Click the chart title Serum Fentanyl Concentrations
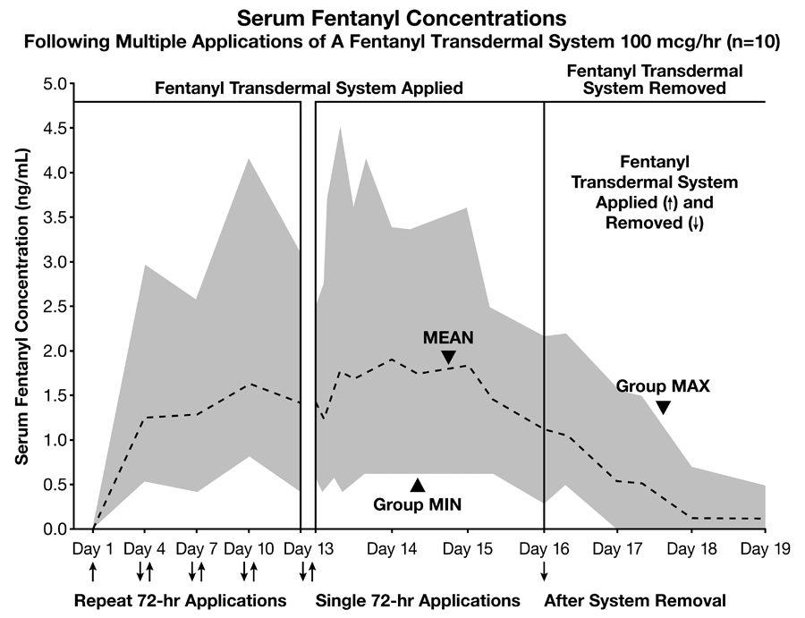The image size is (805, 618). click(402, 17)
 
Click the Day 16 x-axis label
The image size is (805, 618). click(544, 547)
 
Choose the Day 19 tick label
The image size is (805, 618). click(766, 547)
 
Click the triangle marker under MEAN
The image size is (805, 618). click(448, 358)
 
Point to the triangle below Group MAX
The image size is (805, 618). click(663, 408)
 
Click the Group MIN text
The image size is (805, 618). click(417, 504)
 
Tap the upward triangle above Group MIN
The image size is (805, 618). click(417, 485)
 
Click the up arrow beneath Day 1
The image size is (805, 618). click(93, 570)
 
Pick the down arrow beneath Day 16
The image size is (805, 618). click(544, 570)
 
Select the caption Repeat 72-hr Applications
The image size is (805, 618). click(180, 599)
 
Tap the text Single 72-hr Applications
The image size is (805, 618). click(418, 599)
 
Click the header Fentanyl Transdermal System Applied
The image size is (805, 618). click(309, 89)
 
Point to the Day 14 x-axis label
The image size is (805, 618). click(391, 547)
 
